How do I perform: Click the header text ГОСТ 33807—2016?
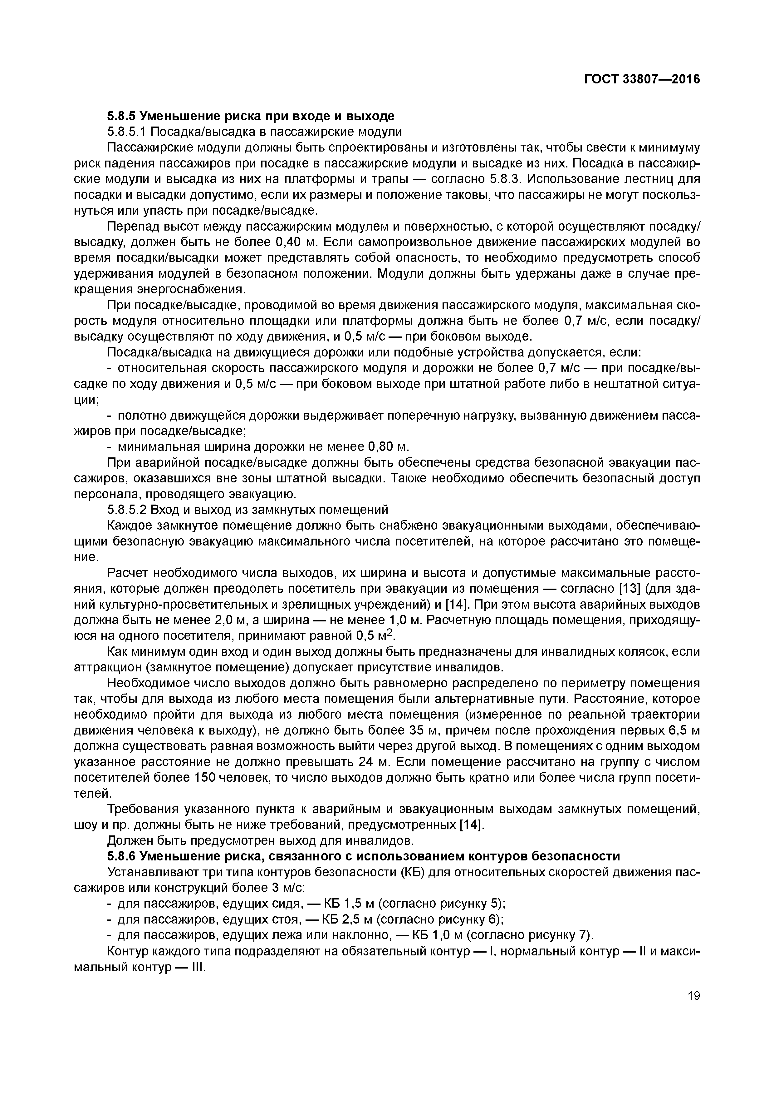pyautogui.click(x=642, y=79)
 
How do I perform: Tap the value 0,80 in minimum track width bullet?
pyautogui.click(x=381, y=447)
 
